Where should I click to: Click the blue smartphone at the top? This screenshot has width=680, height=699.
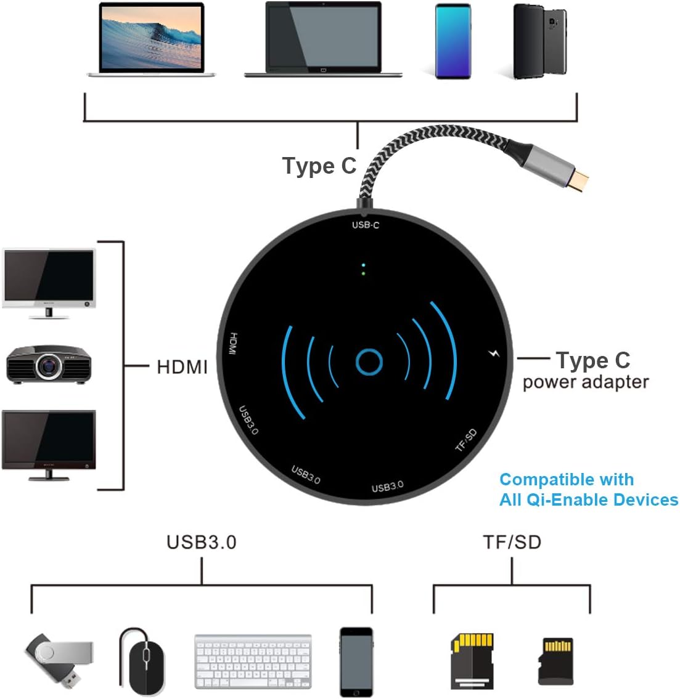pyautogui.click(x=453, y=41)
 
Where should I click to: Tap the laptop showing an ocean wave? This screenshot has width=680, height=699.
pyautogui.click(x=152, y=40)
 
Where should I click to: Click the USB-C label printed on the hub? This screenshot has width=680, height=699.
pyautogui.click(x=366, y=225)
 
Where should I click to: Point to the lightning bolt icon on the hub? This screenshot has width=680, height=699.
pyautogui.click(x=493, y=354)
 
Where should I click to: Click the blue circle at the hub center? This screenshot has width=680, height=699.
pyautogui.click(x=369, y=362)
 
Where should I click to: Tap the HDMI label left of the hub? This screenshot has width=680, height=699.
pyautogui.click(x=182, y=367)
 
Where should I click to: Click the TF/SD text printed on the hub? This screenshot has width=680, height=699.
pyautogui.click(x=466, y=440)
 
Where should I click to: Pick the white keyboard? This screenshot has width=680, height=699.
pyautogui.click(x=253, y=662)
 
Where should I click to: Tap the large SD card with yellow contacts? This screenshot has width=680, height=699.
pyautogui.click(x=472, y=660)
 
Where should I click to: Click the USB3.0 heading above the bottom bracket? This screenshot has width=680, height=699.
pyautogui.click(x=201, y=542)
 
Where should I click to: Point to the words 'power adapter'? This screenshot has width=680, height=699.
pyautogui.click(x=585, y=382)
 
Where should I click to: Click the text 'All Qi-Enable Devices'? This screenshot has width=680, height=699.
pyautogui.click(x=588, y=499)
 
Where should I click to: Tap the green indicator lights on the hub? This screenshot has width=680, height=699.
pyautogui.click(x=364, y=269)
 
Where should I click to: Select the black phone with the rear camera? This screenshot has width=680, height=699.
pyautogui.click(x=540, y=41)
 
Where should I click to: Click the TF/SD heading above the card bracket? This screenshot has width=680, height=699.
pyautogui.click(x=512, y=542)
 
